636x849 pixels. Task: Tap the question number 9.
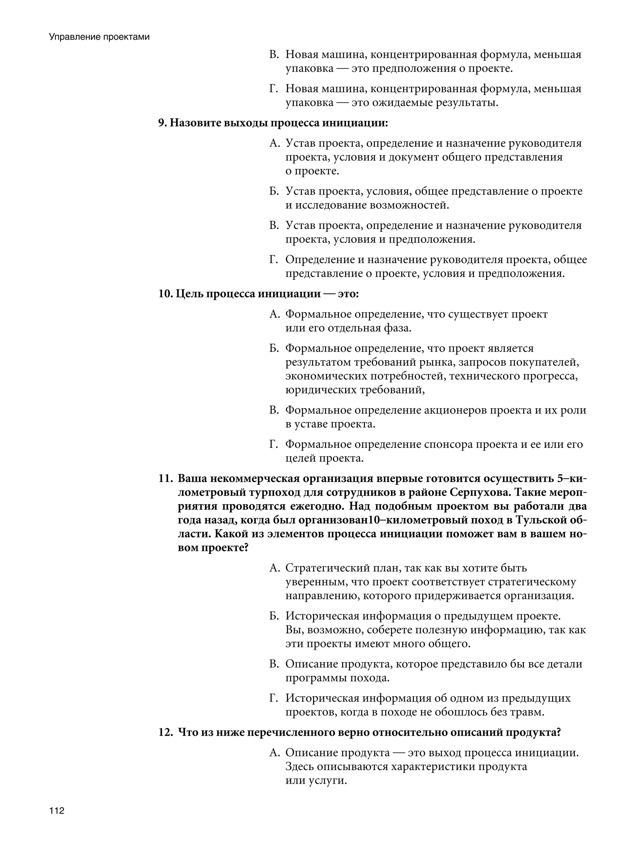tap(162, 123)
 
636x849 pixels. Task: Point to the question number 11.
tap(166, 479)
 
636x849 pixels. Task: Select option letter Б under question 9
tap(274, 191)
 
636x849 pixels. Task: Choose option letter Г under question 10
tap(273, 444)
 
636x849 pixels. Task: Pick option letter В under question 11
tap(274, 664)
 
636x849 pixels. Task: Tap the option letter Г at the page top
tap(273, 89)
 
